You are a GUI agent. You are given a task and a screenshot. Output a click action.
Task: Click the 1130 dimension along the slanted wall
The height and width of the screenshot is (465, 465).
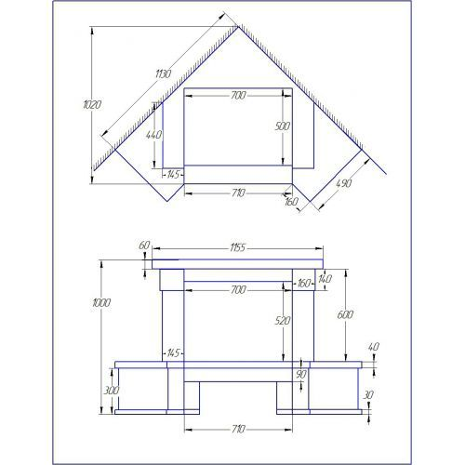pos(164,74)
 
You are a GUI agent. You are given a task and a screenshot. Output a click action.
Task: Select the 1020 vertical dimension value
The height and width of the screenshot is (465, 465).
pos(92,105)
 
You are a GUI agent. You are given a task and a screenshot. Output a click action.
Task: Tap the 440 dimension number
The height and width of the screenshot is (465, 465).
pos(153,135)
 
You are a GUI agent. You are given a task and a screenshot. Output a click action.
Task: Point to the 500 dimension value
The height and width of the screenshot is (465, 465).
pos(283,126)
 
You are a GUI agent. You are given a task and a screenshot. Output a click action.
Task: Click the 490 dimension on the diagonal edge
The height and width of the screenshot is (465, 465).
pos(344,183)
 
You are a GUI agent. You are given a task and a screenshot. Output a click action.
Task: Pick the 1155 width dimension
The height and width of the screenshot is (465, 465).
pos(237,247)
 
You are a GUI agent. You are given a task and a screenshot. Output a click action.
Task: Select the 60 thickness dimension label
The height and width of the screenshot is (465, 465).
pos(144,246)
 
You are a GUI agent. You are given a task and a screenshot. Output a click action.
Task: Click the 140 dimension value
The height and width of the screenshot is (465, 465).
pos(325,279)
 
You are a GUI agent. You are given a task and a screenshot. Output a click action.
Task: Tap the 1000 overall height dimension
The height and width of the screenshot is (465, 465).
pos(101,302)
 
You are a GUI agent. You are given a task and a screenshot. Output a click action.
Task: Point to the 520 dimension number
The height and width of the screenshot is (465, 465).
pos(283,321)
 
